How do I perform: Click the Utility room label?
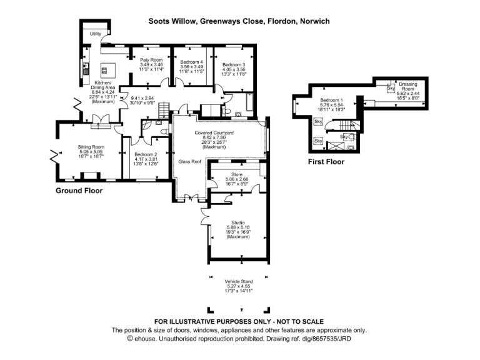pyautogui.click(x=95, y=34)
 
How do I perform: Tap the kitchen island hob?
pyautogui.click(x=104, y=71)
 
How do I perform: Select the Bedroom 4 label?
pyautogui.click(x=191, y=62)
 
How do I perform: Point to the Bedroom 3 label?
pyautogui.click(x=234, y=64)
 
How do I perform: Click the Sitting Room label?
pyautogui.click(x=91, y=147)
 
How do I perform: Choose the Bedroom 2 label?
pyautogui.click(x=146, y=154)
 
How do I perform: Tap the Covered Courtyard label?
pyautogui.click(x=214, y=133)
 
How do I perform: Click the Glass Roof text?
pyautogui.click(x=190, y=161)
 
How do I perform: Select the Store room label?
pyautogui.click(x=237, y=174)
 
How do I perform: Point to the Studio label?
pyautogui.click(x=238, y=222)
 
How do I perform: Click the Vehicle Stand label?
pyautogui.click(x=239, y=281)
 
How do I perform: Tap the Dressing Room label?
pyautogui.click(x=408, y=86)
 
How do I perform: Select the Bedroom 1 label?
pyautogui.click(x=331, y=100)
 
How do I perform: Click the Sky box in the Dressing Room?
pyautogui.click(x=391, y=88)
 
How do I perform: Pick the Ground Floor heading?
pyautogui.click(x=79, y=191)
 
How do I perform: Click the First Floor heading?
pyautogui.click(x=326, y=162)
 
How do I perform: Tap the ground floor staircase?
pyautogui.click(x=163, y=111)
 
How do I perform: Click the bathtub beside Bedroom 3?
pyautogui.click(x=249, y=102)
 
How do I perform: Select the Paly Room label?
pyautogui.click(x=151, y=60)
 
